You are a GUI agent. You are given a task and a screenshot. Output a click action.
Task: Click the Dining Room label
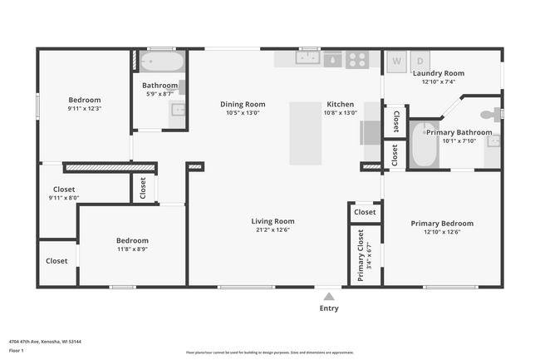(x=243, y=104)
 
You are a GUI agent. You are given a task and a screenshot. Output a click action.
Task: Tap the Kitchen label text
(x=340, y=104)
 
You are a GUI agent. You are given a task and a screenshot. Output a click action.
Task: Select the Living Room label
(x=273, y=221)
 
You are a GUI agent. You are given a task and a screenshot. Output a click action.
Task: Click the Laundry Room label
(x=439, y=73)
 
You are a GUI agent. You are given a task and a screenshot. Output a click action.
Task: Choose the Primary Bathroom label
(x=459, y=132)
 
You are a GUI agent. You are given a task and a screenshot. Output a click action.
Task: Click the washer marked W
(x=396, y=61)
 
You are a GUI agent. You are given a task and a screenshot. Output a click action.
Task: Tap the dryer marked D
(x=420, y=61)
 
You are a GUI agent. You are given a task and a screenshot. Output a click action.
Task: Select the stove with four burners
(x=357, y=59)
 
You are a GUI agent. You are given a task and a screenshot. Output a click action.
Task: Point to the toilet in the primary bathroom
(x=493, y=112)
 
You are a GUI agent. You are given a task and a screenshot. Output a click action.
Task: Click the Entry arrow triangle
(x=329, y=295)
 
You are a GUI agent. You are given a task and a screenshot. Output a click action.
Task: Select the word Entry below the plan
(x=329, y=308)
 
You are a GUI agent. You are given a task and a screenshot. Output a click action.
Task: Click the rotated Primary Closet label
(x=361, y=255)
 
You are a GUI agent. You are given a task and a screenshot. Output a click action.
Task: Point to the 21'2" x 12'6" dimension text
(x=273, y=230)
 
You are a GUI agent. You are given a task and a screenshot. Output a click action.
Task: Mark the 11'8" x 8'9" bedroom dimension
(x=132, y=249)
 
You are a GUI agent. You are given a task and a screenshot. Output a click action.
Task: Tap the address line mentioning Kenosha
(x=45, y=341)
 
